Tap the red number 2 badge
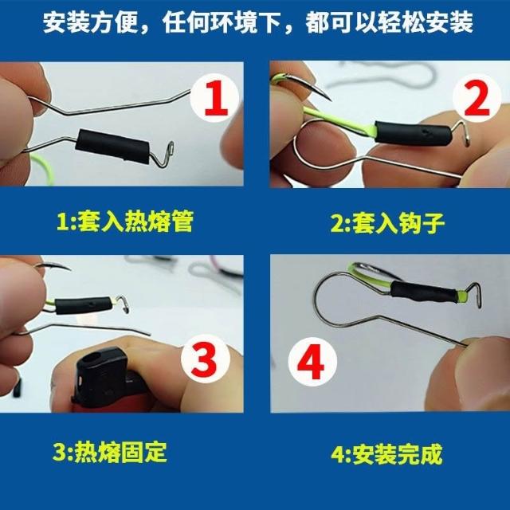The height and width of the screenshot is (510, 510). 477,98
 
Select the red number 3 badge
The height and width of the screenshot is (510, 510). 205,359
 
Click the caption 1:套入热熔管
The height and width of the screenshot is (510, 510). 125,222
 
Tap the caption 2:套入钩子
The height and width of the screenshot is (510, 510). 388,223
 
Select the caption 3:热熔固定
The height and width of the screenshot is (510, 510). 110,452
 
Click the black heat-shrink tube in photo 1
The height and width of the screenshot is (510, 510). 112,144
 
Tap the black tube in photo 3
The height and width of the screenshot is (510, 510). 83,305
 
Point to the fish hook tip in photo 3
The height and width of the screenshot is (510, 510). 69,269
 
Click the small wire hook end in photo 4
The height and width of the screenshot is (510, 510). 476,294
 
